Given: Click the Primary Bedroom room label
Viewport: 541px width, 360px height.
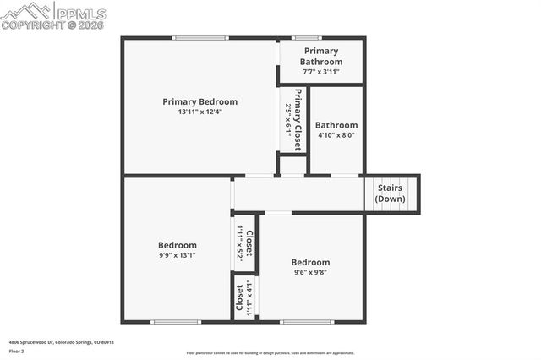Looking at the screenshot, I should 200,101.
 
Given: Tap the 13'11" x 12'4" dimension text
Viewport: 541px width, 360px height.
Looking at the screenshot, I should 200,112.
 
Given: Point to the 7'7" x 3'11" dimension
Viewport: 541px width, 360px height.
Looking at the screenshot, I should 322,72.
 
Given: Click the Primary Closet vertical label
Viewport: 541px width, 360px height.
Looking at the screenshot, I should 298,120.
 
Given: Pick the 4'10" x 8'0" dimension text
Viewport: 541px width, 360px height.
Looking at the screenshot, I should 336,135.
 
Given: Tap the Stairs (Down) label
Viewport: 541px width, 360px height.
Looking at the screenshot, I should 390,194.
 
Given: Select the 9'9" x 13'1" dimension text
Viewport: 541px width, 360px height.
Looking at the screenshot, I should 178,255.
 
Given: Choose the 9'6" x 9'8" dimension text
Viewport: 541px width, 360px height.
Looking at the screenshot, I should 310,272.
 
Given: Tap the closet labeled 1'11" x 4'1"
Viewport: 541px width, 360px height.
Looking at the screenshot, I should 243,297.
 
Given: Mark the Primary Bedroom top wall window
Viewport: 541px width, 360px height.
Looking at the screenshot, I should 200,37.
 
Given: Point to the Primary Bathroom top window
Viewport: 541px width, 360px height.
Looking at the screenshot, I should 305,37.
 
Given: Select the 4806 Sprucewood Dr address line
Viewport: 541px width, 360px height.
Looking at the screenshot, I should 61,342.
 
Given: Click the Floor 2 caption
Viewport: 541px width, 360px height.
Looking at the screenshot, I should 17,351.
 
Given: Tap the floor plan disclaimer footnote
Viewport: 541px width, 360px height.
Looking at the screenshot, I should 270,353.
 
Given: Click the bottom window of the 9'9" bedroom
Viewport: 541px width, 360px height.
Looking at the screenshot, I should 176,321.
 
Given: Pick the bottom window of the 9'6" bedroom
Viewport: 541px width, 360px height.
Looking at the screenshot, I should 307,321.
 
